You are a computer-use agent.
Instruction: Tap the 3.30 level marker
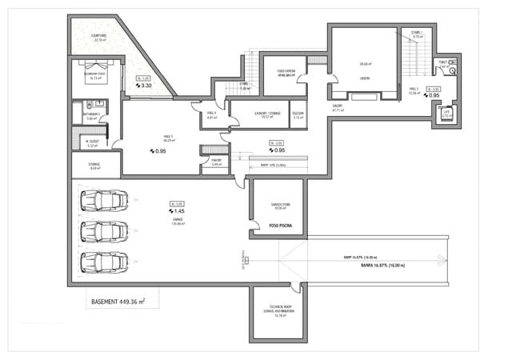coord(146,85)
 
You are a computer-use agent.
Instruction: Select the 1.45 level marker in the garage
coord(178,213)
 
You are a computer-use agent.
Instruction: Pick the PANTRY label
coord(215,160)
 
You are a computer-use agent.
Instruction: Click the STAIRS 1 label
coord(416,33)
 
